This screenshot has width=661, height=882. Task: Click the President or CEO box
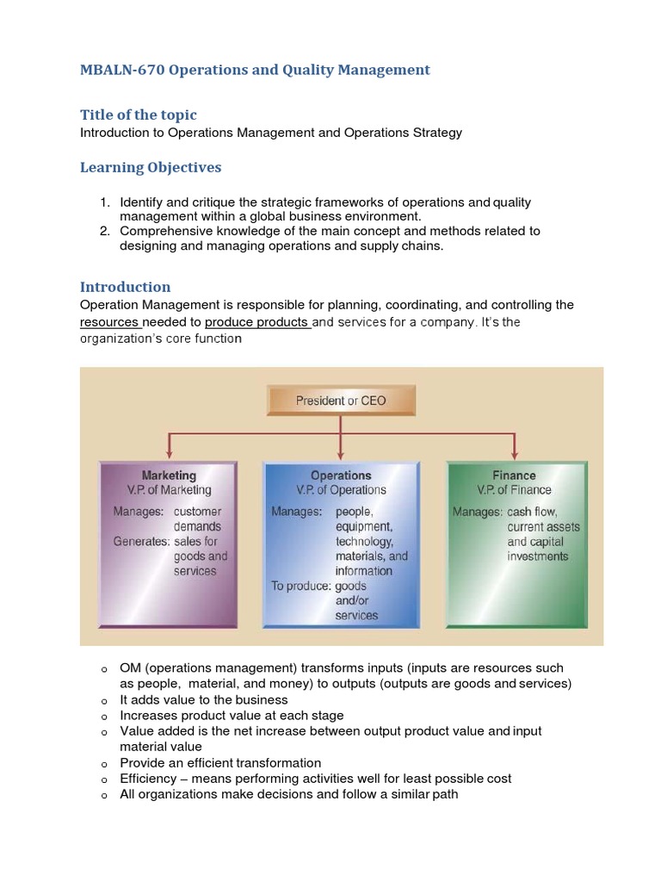point(341,401)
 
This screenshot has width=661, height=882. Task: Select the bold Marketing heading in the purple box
point(169,475)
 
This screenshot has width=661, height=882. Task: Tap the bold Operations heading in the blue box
point(341,475)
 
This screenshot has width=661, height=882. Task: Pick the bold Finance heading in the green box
point(514,475)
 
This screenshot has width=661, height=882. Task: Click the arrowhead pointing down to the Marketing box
point(170,452)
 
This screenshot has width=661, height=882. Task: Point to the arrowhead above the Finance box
point(515,452)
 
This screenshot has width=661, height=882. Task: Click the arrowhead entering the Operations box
point(342,452)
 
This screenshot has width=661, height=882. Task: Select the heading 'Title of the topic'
point(138,115)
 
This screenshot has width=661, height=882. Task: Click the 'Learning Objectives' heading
point(151,167)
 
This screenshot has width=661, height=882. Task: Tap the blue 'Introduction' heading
point(125,287)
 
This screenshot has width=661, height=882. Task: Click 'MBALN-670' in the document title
point(121,70)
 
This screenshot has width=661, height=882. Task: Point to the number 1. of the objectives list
point(104,202)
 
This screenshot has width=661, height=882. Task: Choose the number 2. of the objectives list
point(104,231)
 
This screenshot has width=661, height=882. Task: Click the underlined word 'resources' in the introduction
point(109,322)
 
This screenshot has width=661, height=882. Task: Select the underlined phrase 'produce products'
point(256,322)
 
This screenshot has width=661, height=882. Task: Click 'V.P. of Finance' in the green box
point(514,490)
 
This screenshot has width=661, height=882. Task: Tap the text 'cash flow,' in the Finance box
point(532,512)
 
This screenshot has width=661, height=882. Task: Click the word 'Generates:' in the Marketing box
point(141,542)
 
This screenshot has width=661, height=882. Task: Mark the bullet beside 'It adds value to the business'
point(103,701)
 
